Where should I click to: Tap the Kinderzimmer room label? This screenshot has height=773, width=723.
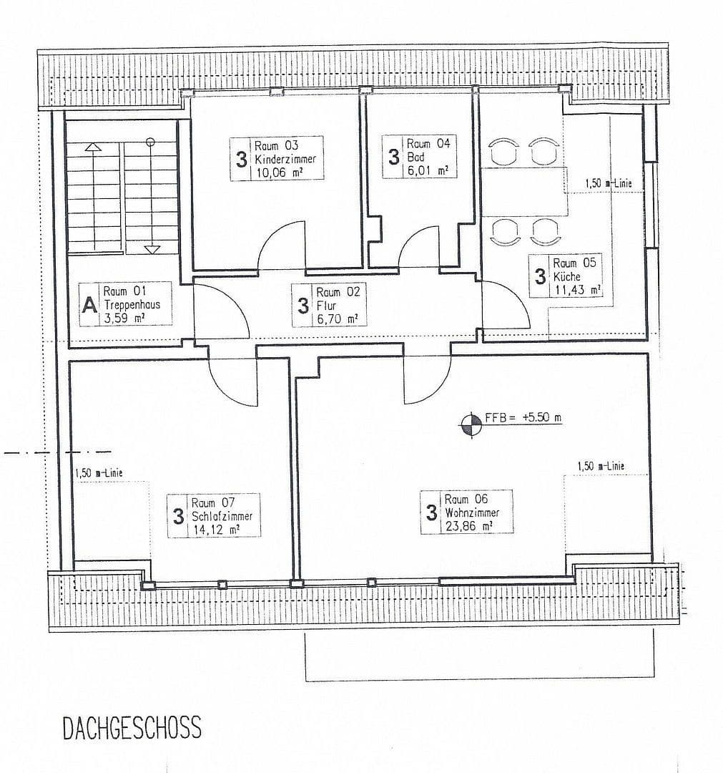tap(285, 159)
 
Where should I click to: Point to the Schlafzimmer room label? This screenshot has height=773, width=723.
tap(222, 516)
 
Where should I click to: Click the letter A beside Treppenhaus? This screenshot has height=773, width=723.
tap(89, 305)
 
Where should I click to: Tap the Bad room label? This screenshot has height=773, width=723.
tap(415, 157)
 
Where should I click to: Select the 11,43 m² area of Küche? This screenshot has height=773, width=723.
tap(577, 289)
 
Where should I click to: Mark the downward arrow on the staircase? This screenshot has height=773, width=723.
tap(152, 248)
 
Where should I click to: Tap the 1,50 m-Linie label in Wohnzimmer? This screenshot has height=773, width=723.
tap(601, 466)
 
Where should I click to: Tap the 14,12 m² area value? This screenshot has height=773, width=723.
tap(215, 530)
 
